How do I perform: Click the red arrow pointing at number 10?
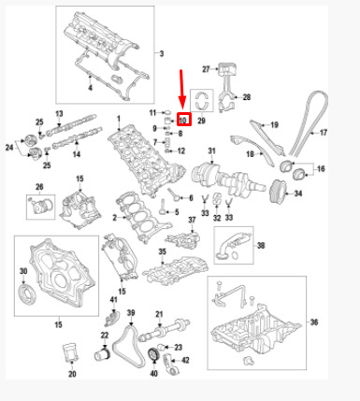click(x=182, y=91)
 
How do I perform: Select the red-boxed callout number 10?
click(x=183, y=120)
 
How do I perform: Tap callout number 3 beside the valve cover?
click(x=162, y=53)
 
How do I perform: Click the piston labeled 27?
click(x=227, y=68)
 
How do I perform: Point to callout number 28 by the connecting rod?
click(x=247, y=97)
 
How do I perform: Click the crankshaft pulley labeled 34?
click(x=276, y=192)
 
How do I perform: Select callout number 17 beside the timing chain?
click(x=324, y=133)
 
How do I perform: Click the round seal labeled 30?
click(x=26, y=295)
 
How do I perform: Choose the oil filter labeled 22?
click(x=102, y=354)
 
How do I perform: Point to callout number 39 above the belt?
click(x=131, y=313)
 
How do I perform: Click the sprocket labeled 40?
click(x=153, y=354)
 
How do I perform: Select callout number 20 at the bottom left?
click(x=72, y=374)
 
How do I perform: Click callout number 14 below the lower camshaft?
click(x=77, y=154)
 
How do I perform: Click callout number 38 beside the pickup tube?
click(x=261, y=246)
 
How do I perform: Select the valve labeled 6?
click(x=174, y=194)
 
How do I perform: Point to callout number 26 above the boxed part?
click(x=39, y=187)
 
